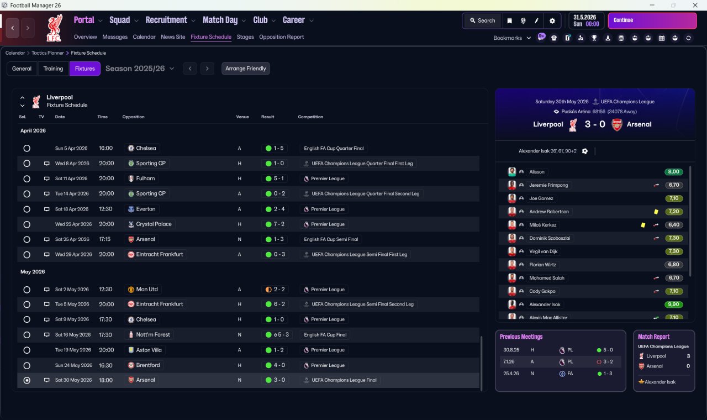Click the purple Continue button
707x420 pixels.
coord(652,20)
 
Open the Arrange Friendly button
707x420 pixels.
coord(246,69)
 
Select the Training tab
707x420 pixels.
coord(53,69)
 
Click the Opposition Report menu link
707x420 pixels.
coord(281,37)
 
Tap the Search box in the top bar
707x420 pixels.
coord(482,20)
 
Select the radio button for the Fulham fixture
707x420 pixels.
coord(27,179)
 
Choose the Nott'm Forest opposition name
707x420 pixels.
coord(153,334)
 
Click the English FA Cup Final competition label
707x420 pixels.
coord(325,335)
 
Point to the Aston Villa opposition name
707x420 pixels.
coord(149,350)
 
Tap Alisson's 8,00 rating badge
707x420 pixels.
coord(673,172)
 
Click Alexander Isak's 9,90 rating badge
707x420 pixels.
coord(673,305)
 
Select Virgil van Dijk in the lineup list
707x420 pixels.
coord(543,251)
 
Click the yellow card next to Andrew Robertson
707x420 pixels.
coord(656,212)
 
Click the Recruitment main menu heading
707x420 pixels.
coord(166,20)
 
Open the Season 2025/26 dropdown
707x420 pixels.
coord(140,69)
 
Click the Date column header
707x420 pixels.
coord(60,117)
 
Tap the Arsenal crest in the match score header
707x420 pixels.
coord(617,124)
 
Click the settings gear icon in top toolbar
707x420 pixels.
coord(552,21)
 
